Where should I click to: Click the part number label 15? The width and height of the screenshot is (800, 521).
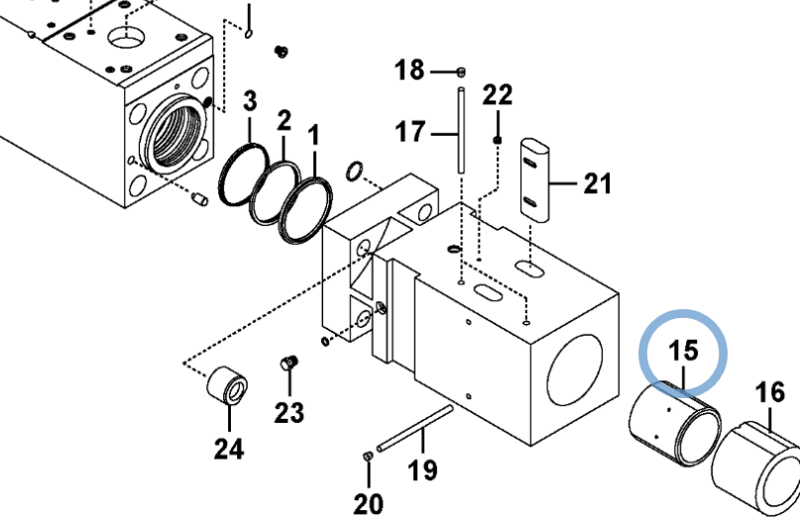(x=683, y=351)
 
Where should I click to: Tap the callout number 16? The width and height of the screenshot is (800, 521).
(x=770, y=392)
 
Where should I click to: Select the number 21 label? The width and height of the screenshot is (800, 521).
(x=597, y=183)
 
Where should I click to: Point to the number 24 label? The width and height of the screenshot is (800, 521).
(x=229, y=449)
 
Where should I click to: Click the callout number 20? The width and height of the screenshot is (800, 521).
(x=369, y=504)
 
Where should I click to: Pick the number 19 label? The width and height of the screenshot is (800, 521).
(x=422, y=470)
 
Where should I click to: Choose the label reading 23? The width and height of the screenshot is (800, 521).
(x=289, y=412)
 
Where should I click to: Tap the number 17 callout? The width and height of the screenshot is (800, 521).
(x=410, y=132)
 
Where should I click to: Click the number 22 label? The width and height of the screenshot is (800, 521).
(x=498, y=95)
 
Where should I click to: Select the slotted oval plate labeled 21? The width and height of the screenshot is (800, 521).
(x=534, y=180)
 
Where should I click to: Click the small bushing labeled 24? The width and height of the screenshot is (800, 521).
(x=228, y=385)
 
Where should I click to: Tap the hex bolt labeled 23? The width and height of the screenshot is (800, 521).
(x=288, y=363)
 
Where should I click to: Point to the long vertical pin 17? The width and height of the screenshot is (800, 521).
(x=461, y=131)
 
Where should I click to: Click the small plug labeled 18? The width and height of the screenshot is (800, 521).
(x=461, y=72)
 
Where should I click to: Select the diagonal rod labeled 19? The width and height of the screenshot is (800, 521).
(x=414, y=428)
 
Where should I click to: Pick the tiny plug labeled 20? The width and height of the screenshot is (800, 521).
(x=368, y=456)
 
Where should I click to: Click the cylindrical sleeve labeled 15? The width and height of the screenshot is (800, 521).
(x=674, y=423)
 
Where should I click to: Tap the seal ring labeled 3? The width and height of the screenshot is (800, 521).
(x=243, y=175)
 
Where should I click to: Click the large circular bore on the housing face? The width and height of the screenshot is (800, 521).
(x=575, y=370)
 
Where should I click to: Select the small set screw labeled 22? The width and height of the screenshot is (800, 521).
(x=498, y=140)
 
